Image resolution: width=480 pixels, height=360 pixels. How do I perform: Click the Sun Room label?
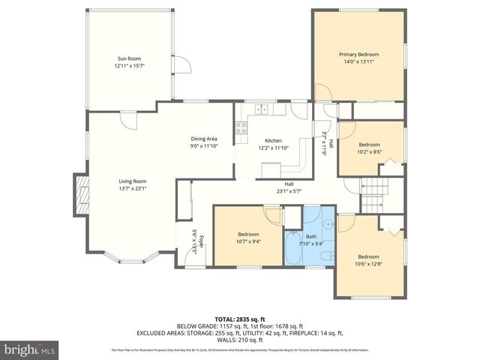click(x=129, y=58)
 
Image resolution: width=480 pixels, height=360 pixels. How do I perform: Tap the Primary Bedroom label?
click(x=358, y=54)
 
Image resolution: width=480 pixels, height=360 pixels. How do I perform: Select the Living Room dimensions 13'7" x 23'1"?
click(x=132, y=189)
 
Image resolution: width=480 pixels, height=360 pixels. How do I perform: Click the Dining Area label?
click(x=204, y=139)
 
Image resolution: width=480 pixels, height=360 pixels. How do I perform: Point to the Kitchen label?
click(x=274, y=141)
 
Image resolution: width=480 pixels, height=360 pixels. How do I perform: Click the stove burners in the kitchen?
click(x=242, y=127)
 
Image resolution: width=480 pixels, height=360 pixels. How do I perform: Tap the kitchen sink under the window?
click(x=262, y=109)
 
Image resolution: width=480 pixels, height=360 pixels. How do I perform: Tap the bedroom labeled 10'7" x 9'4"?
click(x=248, y=237)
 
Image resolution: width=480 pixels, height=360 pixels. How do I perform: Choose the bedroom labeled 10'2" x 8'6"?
click(x=369, y=148)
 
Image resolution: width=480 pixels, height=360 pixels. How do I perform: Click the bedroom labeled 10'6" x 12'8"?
click(x=368, y=260)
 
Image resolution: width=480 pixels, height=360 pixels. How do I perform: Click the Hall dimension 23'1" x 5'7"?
click(x=288, y=191)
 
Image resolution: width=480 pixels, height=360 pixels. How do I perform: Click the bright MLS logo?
click(x=31, y=349)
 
